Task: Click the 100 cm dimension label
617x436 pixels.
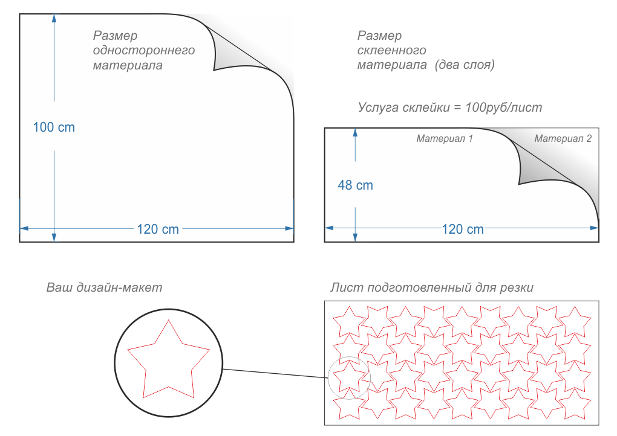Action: pyautogui.click(x=54, y=127)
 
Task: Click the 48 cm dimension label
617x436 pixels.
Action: pyautogui.click(x=355, y=185)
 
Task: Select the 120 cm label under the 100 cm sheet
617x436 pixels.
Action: pyautogui.click(x=158, y=229)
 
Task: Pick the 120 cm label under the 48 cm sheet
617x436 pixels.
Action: pyautogui.click(x=463, y=229)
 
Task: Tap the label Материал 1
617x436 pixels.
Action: pyautogui.click(x=444, y=139)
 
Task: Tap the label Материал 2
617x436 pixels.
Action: pyautogui.click(x=563, y=139)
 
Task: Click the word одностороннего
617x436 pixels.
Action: pyautogui.click(x=143, y=50)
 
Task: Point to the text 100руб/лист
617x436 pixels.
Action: pyautogui.click(x=504, y=107)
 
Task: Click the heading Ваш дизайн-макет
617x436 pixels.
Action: pyautogui.click(x=104, y=287)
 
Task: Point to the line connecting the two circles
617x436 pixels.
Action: pyautogui.click(x=275, y=373)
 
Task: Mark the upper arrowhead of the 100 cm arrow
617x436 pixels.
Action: pyautogui.click(x=54, y=18)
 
